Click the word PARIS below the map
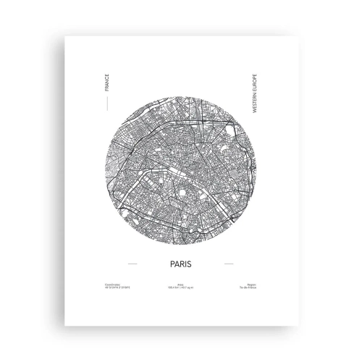pyautogui.click(x=180, y=263)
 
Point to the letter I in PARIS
pyautogui.click(x=187, y=263)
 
